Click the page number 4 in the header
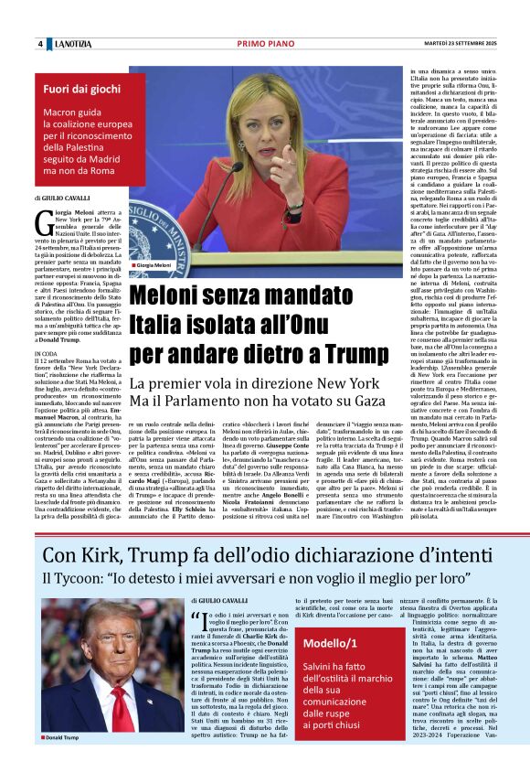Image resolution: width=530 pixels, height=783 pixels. tap(40, 44)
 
